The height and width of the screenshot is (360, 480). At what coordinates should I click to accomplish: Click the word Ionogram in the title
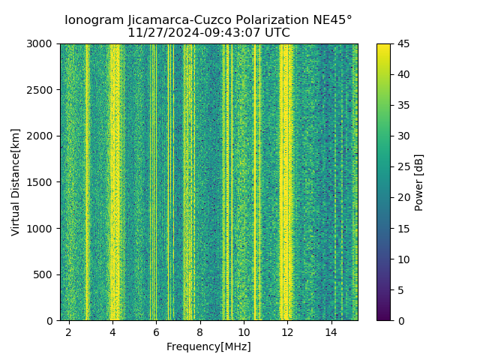pyautogui.click(x=93, y=20)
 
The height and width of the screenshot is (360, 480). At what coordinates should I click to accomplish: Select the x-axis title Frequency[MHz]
pyautogui.click(x=208, y=346)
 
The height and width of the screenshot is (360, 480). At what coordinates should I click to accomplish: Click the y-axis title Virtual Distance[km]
pyautogui.click(x=15, y=181)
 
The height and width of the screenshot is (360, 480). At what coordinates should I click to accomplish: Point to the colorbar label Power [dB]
pyautogui.click(x=419, y=182)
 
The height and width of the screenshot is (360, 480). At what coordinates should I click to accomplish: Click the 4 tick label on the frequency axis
pyautogui.click(x=112, y=331)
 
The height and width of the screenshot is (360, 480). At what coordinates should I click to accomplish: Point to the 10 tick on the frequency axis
pyautogui.click(x=244, y=331)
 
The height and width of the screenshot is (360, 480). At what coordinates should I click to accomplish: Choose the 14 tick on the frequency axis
pyautogui.click(x=331, y=331)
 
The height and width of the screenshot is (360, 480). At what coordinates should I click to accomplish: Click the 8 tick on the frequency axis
pyautogui.click(x=200, y=331)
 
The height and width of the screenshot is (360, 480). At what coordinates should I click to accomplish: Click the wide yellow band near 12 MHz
pyautogui.click(x=286, y=180)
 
